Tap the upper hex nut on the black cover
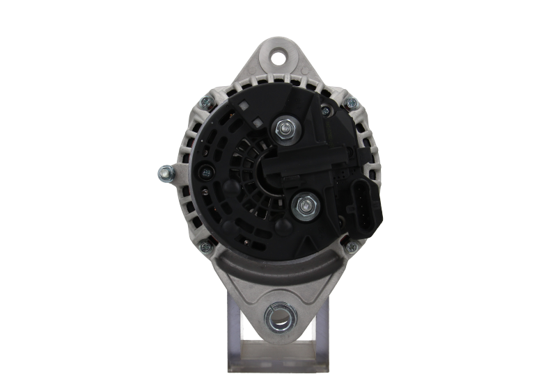pyautogui.click(x=284, y=128)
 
